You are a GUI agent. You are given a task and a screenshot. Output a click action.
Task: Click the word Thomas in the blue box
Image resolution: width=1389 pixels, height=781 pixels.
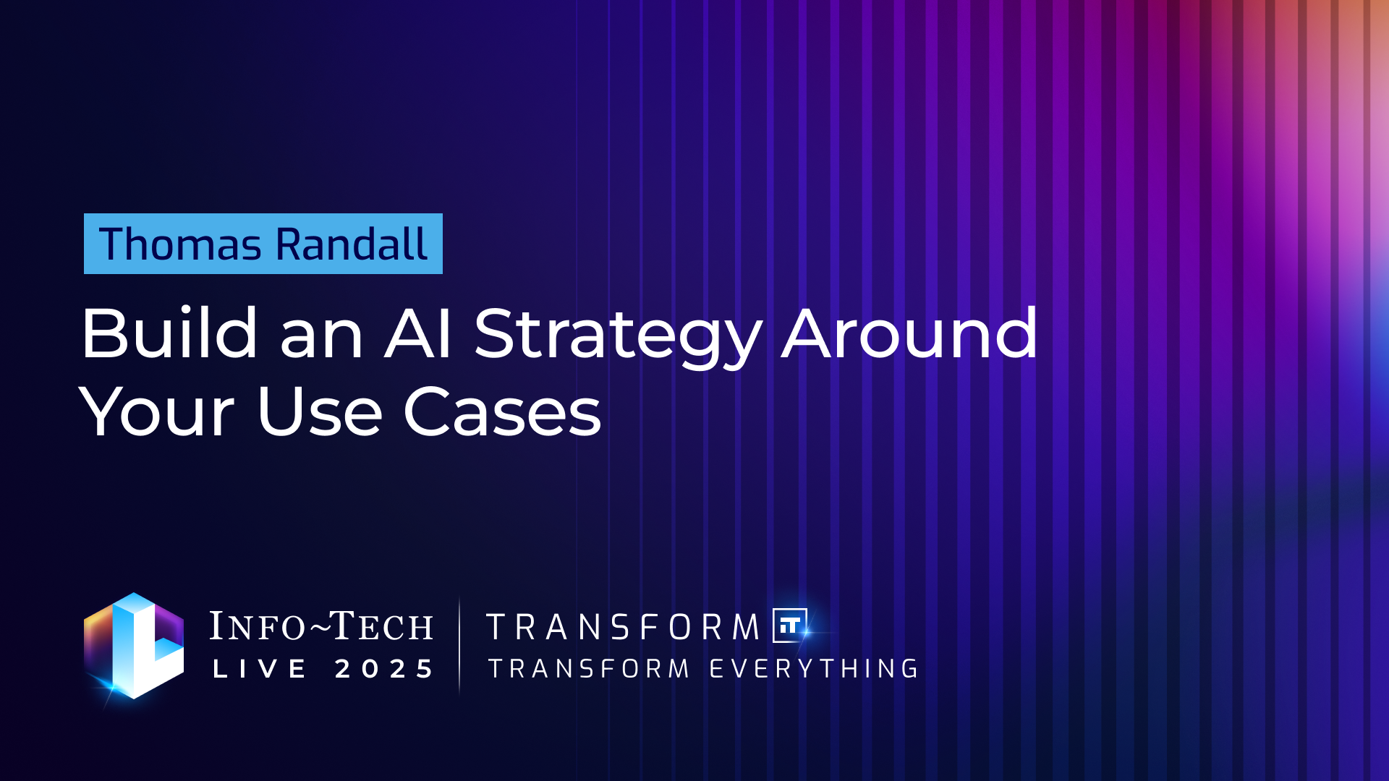180,244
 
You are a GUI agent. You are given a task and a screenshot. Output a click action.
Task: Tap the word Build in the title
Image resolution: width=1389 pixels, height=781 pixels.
169,333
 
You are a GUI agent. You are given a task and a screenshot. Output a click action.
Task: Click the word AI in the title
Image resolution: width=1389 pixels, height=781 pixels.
419,333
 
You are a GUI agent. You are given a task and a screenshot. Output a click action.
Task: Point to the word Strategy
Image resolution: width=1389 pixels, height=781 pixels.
619,336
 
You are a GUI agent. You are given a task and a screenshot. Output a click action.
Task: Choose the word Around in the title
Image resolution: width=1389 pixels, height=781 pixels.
910,333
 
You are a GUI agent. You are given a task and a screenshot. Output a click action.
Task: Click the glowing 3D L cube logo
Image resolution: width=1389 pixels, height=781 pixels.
134,646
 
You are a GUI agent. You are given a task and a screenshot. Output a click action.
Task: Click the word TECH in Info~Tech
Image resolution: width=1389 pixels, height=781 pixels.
382,626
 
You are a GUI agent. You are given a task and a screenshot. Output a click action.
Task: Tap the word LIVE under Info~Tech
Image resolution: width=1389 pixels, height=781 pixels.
260,668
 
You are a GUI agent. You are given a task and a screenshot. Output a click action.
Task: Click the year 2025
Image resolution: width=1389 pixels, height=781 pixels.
384,668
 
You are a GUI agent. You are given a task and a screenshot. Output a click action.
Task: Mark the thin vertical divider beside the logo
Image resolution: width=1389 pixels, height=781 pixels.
459,646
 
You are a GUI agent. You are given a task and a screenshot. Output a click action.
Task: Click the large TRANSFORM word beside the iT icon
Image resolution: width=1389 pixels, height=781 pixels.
623,627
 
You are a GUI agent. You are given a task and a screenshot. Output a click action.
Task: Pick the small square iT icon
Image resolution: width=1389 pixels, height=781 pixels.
790,626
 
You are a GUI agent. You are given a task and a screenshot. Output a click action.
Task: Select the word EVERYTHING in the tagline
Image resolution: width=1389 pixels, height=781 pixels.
814,668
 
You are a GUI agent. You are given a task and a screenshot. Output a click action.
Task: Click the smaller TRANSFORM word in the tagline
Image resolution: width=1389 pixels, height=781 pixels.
589,668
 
